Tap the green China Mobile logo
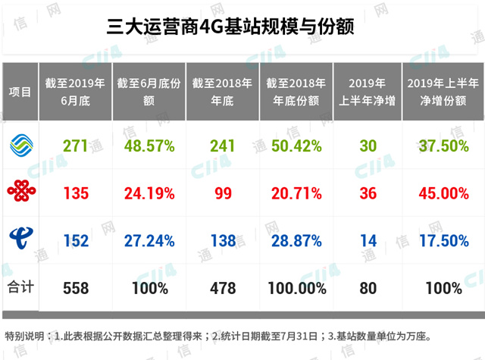point(20,143)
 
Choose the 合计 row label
point(20,288)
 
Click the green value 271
point(77,144)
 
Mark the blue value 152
point(77,240)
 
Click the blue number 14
point(369,240)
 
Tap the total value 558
point(77,289)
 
